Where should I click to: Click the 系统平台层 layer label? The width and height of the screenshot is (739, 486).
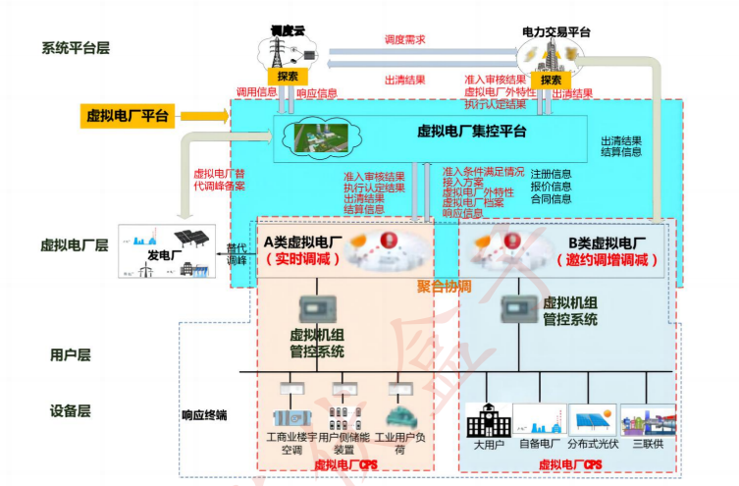(76, 48)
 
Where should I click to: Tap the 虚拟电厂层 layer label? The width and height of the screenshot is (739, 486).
(75, 245)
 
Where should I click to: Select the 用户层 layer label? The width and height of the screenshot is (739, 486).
(70, 354)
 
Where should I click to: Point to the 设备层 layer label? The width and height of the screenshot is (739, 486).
(70, 410)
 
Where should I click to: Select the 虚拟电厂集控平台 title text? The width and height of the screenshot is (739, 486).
(471, 132)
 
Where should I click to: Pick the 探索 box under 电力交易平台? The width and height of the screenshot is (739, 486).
(551, 80)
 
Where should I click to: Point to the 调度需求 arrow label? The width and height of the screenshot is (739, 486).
(404, 41)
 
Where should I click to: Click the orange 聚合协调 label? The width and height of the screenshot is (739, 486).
(445, 287)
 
